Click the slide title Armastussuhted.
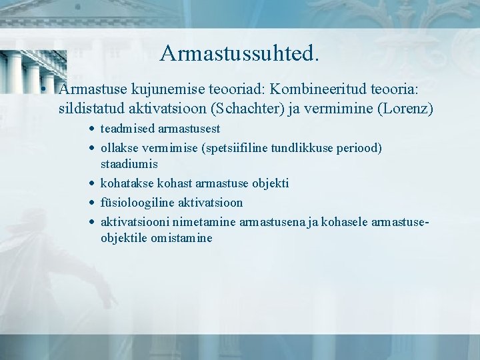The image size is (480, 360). pos(239,53)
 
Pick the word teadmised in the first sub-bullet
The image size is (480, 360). pos(127,129)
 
